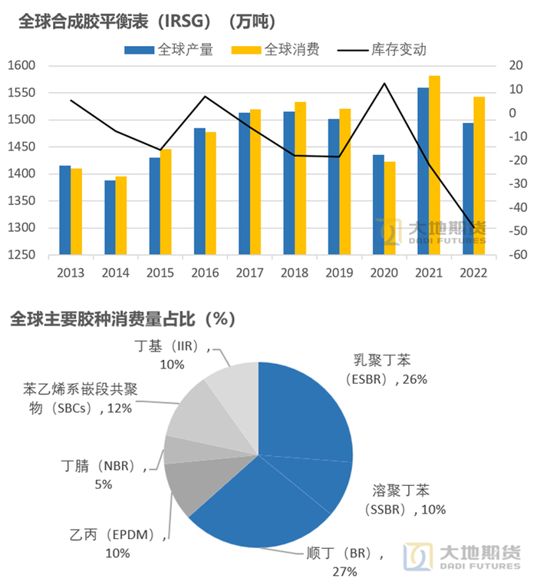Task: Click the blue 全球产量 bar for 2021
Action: pos(423,171)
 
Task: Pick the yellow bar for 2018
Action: pos(301,178)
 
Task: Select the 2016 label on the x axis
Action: pos(205,272)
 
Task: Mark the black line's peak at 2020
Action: pos(384,83)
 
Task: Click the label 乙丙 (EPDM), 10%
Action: pos(114,544)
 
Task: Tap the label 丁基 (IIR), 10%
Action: pos(173,355)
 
